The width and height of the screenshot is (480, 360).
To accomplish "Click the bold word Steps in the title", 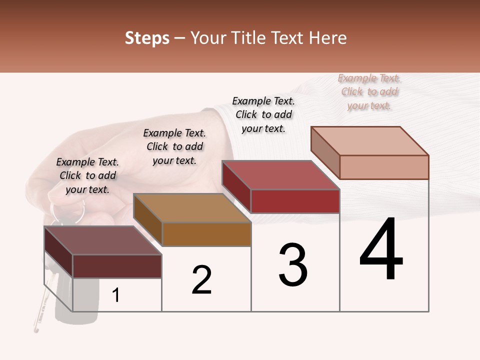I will [147, 38].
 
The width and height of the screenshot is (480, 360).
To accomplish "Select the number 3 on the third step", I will [293, 265].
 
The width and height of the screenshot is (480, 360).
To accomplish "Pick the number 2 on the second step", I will [201, 280].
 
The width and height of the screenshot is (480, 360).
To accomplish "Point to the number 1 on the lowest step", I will [116, 295].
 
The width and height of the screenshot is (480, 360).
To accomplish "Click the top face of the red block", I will [281, 175].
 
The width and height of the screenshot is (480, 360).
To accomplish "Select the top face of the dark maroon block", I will [103, 240].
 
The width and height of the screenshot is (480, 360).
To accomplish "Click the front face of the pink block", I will [384, 167].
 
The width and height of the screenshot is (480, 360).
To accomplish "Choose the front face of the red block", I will [295, 201].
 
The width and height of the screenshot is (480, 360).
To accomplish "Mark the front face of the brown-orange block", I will [206, 234].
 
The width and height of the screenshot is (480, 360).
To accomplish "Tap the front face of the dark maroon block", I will [117, 266].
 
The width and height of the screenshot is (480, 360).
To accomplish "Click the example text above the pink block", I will [369, 92].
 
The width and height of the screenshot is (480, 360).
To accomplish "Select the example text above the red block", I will [263, 114].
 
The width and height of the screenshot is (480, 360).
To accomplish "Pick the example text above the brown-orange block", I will [174, 146].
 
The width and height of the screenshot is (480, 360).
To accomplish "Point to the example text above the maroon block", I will [87, 175].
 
